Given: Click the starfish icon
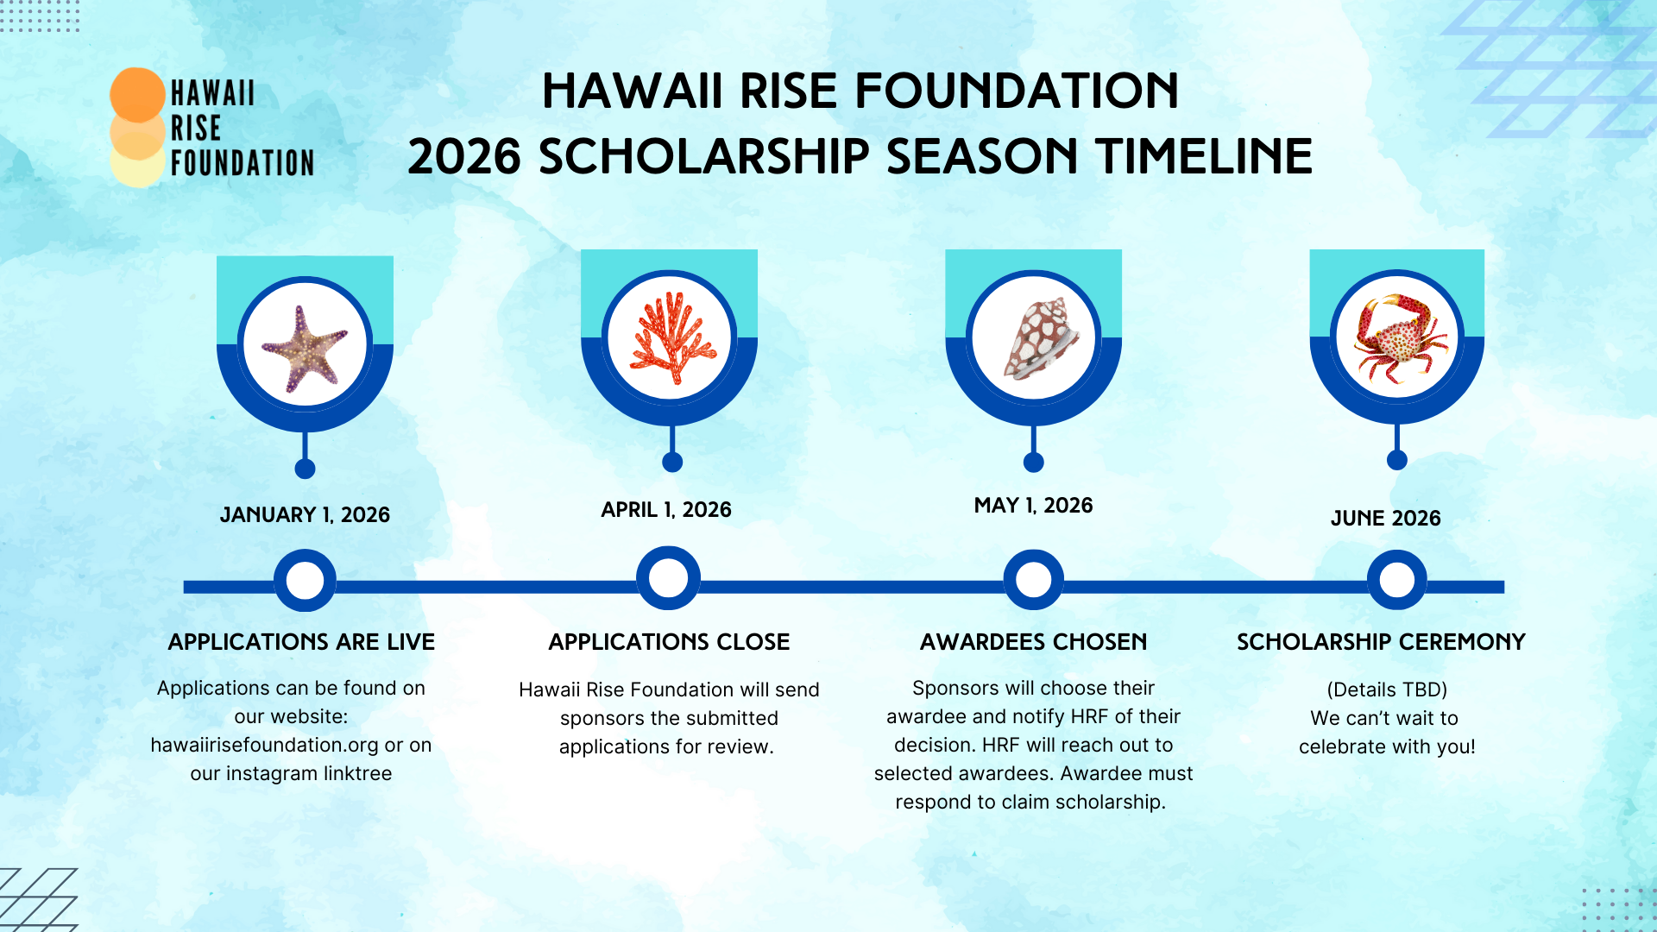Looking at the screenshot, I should pyautogui.click(x=305, y=347).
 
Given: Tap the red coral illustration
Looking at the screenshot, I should pyautogui.click(x=671, y=338).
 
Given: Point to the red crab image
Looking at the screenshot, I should pyautogui.click(x=1397, y=337).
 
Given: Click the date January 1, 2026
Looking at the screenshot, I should pyautogui.click(x=305, y=515).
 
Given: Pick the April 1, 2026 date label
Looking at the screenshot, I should pyautogui.click(x=666, y=510).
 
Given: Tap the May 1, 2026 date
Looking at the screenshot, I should pyautogui.click(x=1033, y=506).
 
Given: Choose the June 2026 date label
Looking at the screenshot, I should pyautogui.click(x=1385, y=519).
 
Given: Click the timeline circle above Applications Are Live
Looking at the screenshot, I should pyautogui.click(x=305, y=581).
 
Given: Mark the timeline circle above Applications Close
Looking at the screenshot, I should pyautogui.click(x=668, y=578).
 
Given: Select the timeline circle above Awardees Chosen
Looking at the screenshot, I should pyautogui.click(x=1033, y=580).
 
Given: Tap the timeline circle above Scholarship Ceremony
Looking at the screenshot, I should pyautogui.click(x=1396, y=580).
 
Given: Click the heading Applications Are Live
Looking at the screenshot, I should pyautogui.click(x=301, y=642).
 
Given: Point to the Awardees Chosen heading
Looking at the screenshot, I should pyautogui.click(x=1033, y=642).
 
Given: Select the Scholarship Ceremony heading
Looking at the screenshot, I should pyautogui.click(x=1381, y=642).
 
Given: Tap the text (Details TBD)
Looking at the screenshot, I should pyautogui.click(x=1387, y=690).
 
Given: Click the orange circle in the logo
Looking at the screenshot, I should pyautogui.click(x=138, y=94).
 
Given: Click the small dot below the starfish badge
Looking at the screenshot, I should pyautogui.click(x=305, y=469).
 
